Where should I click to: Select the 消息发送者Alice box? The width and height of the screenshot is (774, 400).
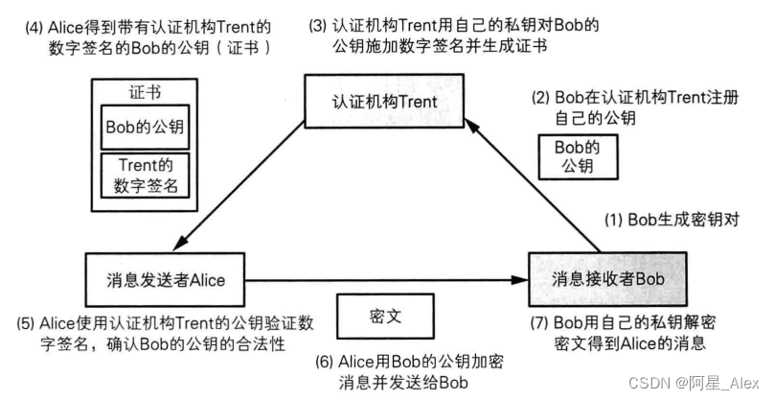(x=165, y=279)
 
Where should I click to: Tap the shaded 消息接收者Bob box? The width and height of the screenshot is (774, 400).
(x=609, y=278)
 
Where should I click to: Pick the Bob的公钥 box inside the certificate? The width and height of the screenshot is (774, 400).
(x=145, y=127)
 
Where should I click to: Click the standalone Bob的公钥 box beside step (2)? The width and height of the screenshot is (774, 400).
(x=579, y=156)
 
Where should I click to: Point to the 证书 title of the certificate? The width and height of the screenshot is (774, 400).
(x=144, y=92)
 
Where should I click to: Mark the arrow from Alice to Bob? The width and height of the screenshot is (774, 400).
(x=383, y=280)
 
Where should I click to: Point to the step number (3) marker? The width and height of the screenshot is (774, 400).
(x=320, y=23)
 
